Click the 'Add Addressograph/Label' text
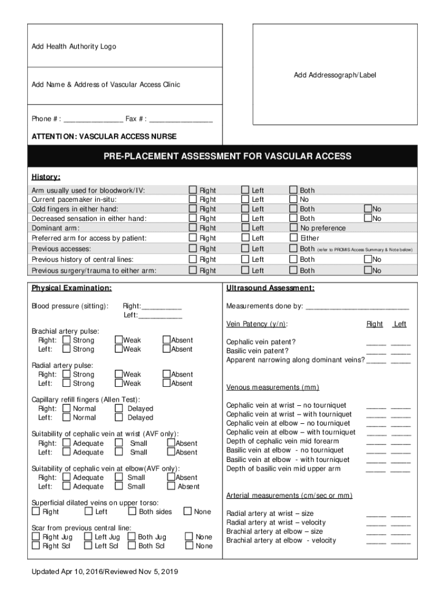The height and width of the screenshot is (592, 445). pyautogui.click(x=335, y=75)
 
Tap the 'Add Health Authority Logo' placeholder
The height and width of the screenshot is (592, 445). pyautogui.click(x=73, y=47)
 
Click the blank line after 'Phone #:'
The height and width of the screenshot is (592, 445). pyautogui.click(x=93, y=120)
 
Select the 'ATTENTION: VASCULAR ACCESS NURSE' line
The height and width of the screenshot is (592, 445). pyautogui.click(x=104, y=136)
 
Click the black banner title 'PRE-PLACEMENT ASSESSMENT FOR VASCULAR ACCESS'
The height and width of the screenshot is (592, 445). pyautogui.click(x=227, y=156)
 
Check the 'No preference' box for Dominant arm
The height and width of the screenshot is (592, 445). pyautogui.click(x=294, y=228)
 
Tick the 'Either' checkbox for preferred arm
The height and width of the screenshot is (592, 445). pyautogui.click(x=294, y=238)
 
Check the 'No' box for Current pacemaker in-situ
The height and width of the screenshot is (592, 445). pyautogui.click(x=294, y=199)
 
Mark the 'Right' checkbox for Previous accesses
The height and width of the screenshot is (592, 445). pyautogui.click(x=192, y=249)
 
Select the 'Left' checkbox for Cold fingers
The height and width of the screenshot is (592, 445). pyautogui.click(x=245, y=209)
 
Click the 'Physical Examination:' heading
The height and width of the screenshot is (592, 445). pyautogui.click(x=72, y=288)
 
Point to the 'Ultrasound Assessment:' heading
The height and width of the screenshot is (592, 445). pyautogui.click(x=270, y=288)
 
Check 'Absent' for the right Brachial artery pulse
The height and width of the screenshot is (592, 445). pyautogui.click(x=166, y=340)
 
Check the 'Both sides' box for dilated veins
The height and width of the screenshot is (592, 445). pyautogui.click(x=132, y=511)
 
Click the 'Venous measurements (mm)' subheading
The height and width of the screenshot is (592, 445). pyautogui.click(x=272, y=387)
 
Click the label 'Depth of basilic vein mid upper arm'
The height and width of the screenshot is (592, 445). pyautogui.click(x=283, y=469)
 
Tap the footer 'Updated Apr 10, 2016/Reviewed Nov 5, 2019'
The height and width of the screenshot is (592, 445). pyautogui.click(x=105, y=572)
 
